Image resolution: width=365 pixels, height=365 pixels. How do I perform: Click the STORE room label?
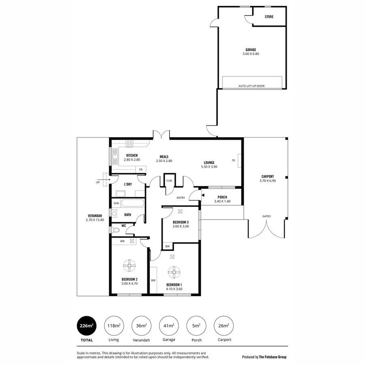click(x=269, y=17)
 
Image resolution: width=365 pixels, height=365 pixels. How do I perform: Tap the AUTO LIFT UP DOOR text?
click(x=251, y=86)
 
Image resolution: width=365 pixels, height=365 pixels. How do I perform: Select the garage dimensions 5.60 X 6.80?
click(x=251, y=54)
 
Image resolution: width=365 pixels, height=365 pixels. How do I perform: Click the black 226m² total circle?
click(x=86, y=325)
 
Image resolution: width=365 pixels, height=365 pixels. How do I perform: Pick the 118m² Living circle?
click(x=114, y=325)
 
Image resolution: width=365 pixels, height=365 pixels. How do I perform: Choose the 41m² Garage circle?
click(x=168, y=325)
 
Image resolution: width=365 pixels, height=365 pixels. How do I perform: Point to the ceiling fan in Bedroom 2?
click(x=130, y=266)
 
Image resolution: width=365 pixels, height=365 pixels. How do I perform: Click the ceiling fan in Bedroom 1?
click(x=174, y=271)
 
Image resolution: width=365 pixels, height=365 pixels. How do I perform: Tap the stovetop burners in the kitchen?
click(x=130, y=143)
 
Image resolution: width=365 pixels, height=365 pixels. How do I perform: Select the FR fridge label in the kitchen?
click(x=141, y=169)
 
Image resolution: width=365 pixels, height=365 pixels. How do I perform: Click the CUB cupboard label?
click(x=168, y=181)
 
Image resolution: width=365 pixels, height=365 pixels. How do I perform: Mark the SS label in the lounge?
click(x=233, y=160)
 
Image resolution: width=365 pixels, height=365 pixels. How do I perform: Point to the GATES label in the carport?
click(x=266, y=216)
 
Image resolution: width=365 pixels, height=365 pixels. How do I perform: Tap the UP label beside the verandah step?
click(x=97, y=182)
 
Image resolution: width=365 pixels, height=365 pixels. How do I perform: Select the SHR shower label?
click(x=116, y=203)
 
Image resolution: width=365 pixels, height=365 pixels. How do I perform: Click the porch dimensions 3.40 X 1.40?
click(x=222, y=202)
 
